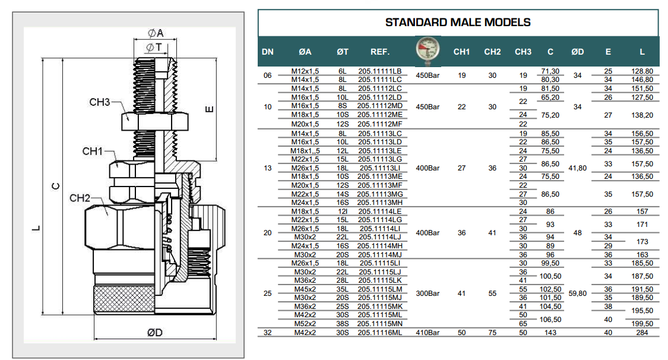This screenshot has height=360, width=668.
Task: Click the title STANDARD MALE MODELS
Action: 458,23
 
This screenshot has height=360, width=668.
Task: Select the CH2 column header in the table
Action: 492,52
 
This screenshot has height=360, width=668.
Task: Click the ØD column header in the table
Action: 577,52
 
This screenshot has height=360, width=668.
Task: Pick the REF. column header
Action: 379,52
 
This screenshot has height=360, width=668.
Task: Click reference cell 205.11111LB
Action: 379,71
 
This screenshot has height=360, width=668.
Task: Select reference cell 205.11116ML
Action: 379,333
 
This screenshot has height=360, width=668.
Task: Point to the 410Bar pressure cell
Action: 428,333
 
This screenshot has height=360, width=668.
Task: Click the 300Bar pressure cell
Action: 428,293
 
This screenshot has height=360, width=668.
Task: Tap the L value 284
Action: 642,333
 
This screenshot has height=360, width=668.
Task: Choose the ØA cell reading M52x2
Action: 306,324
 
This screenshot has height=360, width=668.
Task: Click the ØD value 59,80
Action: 577,293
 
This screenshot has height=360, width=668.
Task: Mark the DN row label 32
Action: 267,333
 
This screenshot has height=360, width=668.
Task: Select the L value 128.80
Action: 642,71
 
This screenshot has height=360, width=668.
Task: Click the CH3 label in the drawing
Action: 100,102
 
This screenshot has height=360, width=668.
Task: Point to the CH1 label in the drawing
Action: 93,152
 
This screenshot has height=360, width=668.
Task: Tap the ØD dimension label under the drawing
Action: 155,333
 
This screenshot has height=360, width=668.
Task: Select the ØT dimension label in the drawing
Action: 154,46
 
